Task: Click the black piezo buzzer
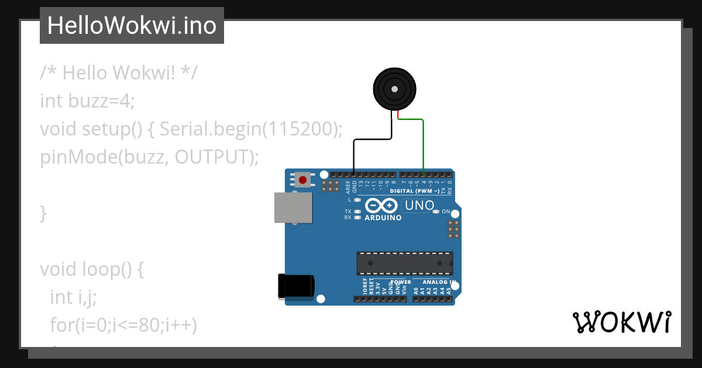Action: [x=395, y=89]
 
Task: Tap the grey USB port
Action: [x=292, y=208]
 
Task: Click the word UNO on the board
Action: [x=419, y=206]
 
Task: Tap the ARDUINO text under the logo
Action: [x=383, y=218]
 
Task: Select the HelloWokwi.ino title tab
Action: [x=132, y=26]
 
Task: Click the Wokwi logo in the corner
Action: [x=621, y=322]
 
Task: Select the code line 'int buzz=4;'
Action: [x=87, y=101]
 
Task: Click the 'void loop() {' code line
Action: [x=91, y=269]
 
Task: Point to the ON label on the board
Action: [x=446, y=211]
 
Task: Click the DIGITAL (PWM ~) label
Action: [x=415, y=191]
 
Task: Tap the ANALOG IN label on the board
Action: [x=439, y=282]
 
